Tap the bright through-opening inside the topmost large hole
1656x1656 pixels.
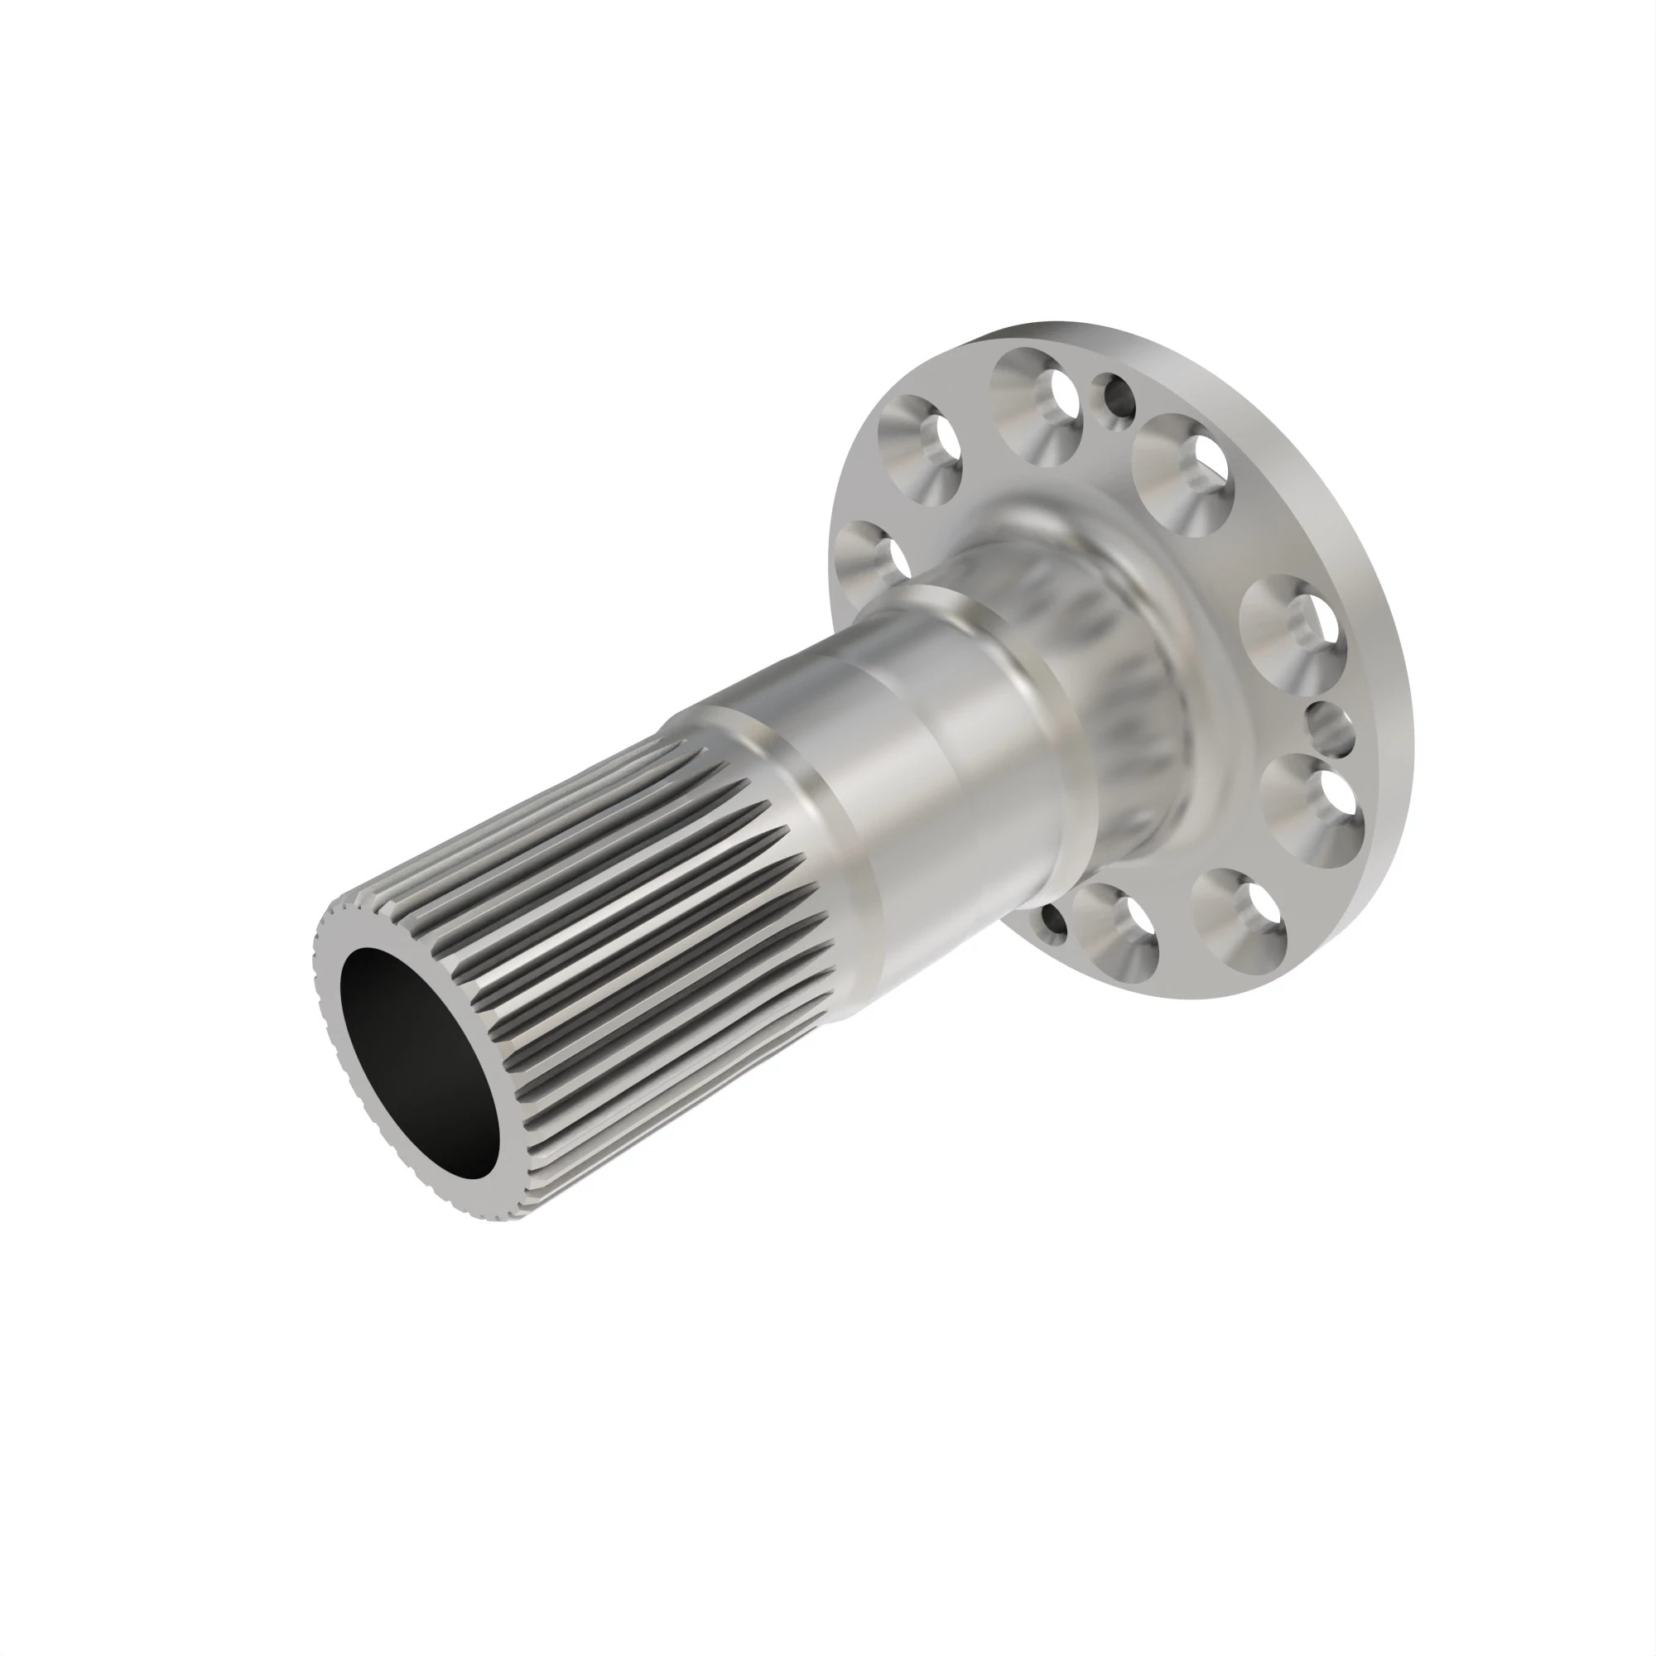1064,395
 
